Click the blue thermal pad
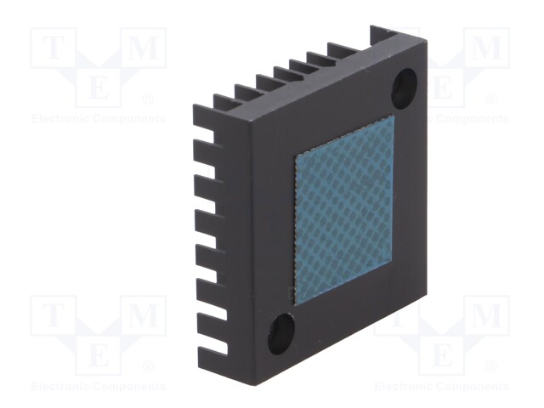tap(344, 210)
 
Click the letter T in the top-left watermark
tap(53, 48)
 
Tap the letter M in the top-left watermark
tap(144, 48)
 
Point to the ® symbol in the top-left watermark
tap(148, 99)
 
